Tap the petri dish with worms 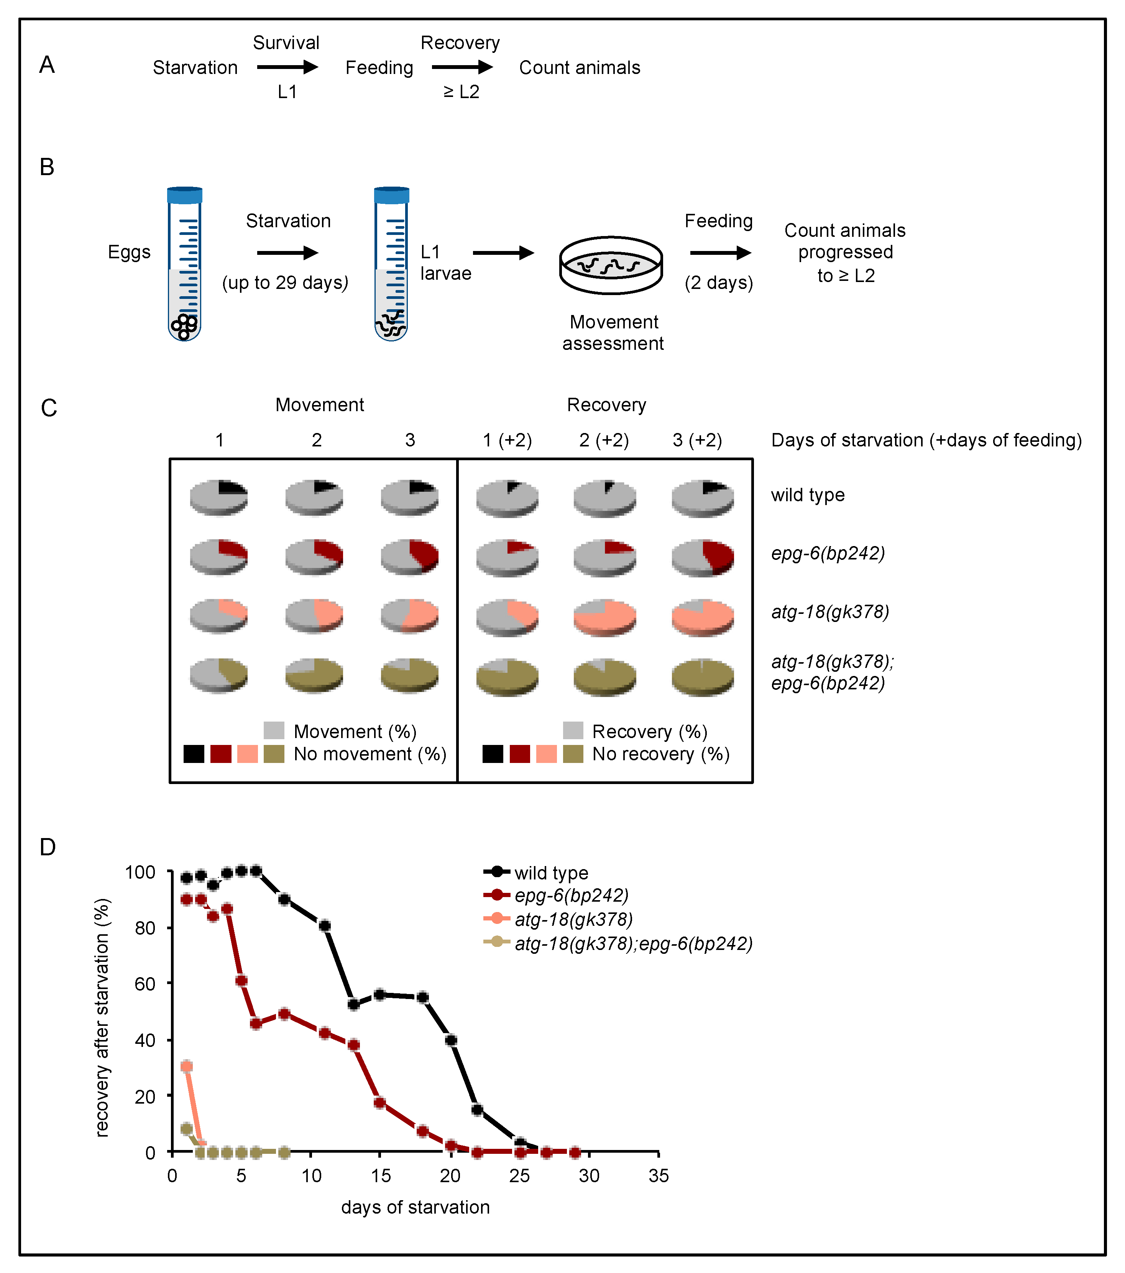(611, 265)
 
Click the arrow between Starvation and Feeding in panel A (287, 67)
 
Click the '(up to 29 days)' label (285, 283)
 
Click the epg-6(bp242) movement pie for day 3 (409, 556)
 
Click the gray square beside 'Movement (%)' (274, 730)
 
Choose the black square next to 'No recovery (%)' (493, 754)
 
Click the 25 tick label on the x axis (519, 1176)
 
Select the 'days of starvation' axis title (416, 1207)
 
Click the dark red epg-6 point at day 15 (379, 1103)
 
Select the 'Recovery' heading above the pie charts (606, 405)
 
